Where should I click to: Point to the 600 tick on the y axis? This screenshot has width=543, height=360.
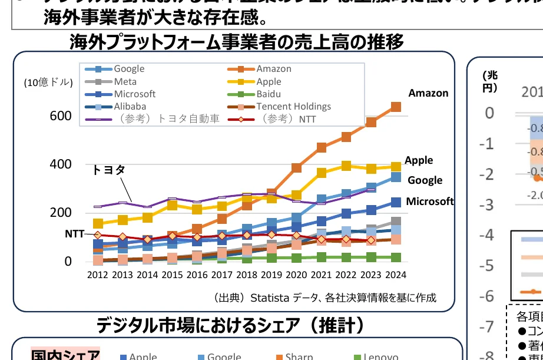(x=60, y=116)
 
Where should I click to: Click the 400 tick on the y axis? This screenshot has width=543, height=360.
(x=60, y=164)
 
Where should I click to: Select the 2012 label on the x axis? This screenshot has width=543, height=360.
(x=98, y=275)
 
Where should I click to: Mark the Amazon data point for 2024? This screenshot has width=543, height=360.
(x=396, y=107)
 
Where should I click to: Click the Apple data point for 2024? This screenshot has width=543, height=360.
(x=396, y=167)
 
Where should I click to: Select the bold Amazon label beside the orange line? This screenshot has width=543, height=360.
(x=428, y=93)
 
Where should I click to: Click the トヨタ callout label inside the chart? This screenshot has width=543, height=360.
(x=108, y=170)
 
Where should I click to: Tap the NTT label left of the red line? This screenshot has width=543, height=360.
(x=74, y=233)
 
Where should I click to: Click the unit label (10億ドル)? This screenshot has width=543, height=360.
(x=48, y=82)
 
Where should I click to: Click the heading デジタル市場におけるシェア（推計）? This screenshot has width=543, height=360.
(x=230, y=325)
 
